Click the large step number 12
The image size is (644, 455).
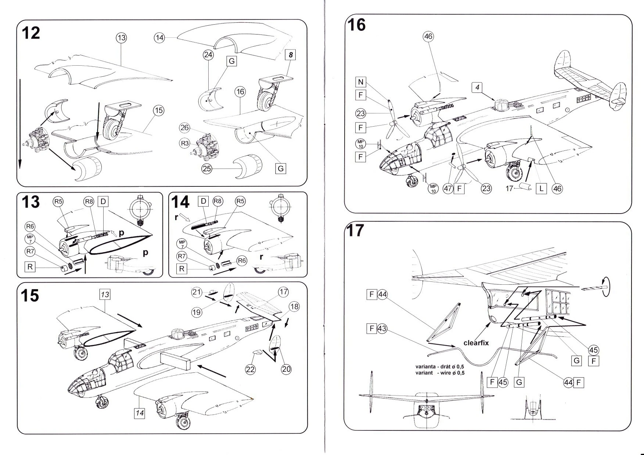pyautogui.click(x=31, y=33)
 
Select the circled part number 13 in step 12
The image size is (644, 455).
pyautogui.click(x=121, y=37)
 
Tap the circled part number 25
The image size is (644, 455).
pyautogui.click(x=207, y=169)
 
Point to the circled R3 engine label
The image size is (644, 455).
pyautogui.click(x=184, y=143)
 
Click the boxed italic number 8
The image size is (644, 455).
pyautogui.click(x=291, y=55)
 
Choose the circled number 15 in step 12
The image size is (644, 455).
pyautogui.click(x=158, y=110)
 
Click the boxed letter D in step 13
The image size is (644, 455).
pyautogui.click(x=103, y=201)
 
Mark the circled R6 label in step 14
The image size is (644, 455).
pyautogui.click(x=241, y=261)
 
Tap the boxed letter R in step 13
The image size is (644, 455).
pyautogui.click(x=30, y=267)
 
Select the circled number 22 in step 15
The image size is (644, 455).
pyautogui.click(x=250, y=369)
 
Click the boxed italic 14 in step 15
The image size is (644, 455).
pyautogui.click(x=140, y=413)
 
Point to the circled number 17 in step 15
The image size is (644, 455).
pyautogui.click(x=283, y=292)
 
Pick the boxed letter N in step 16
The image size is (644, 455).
pyautogui.click(x=360, y=82)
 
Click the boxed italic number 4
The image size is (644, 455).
pyautogui.click(x=477, y=88)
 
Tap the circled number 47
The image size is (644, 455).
pyautogui.click(x=448, y=189)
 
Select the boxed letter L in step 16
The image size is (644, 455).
pyautogui.click(x=541, y=189)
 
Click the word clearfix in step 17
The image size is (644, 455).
pyautogui.click(x=476, y=343)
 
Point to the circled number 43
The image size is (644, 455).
pyautogui.click(x=382, y=328)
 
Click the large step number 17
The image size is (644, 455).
pyautogui.click(x=355, y=231)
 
